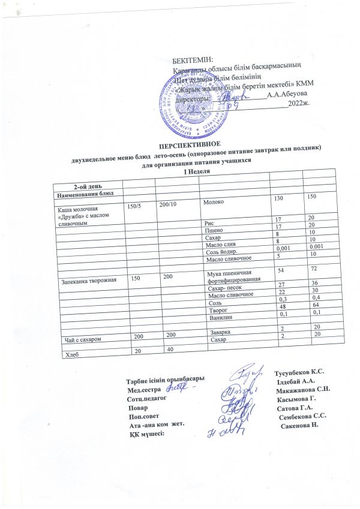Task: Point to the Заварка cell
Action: click(x=217, y=332)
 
